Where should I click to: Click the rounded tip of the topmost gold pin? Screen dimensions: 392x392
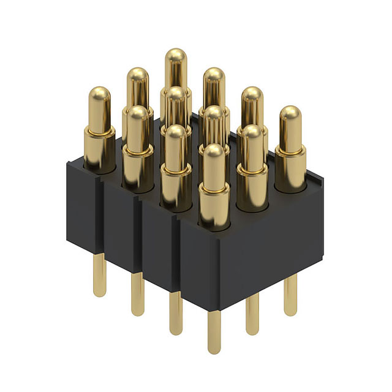(x=175, y=56)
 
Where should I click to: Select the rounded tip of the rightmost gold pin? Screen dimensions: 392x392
(x=290, y=115)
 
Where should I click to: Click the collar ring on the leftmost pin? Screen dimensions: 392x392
(x=99, y=131)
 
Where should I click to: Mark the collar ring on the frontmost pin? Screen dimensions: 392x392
(x=214, y=191)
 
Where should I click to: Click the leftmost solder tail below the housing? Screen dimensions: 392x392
(x=99, y=276)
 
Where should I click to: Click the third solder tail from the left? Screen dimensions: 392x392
(x=176, y=313)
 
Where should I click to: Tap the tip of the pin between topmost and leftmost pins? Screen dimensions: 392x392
(x=137, y=75)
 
